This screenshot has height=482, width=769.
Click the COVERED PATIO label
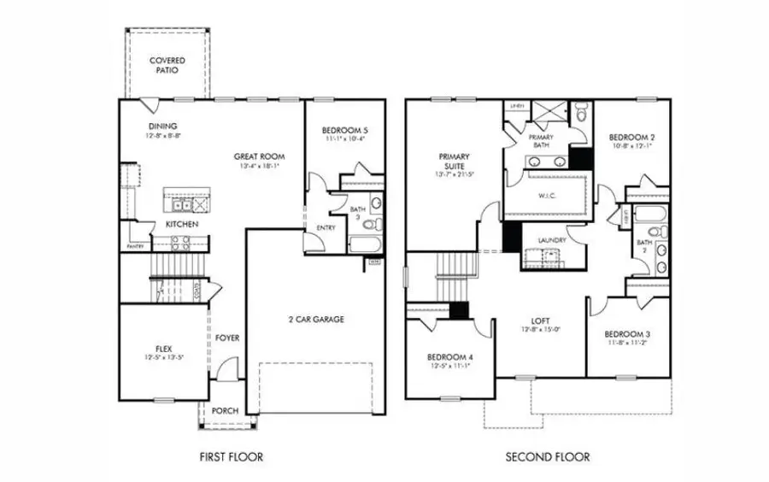(168, 66)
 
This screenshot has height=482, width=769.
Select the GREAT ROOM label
(260, 156)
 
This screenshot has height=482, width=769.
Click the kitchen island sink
(181, 205)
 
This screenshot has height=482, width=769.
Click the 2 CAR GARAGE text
(315, 320)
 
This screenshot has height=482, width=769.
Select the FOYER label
(227, 338)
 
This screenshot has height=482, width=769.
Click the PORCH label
(225, 411)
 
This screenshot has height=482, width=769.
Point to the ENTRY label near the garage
(326, 228)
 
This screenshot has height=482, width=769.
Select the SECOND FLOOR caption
(548, 457)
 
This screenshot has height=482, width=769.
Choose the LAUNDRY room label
(552, 241)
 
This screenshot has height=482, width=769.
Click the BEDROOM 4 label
(449, 356)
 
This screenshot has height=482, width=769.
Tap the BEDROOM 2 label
(631, 137)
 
